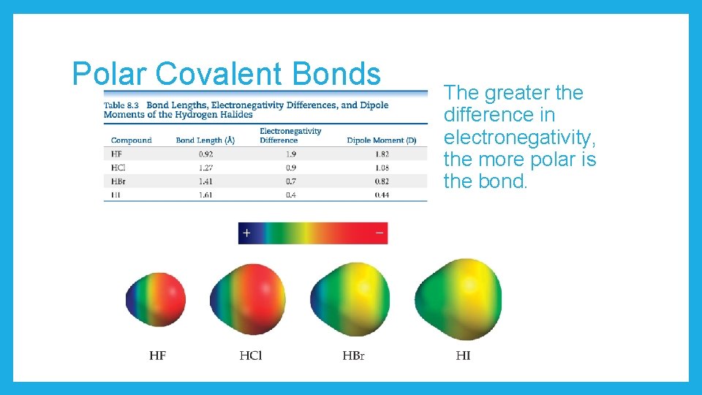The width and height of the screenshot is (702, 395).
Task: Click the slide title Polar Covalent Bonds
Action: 226,74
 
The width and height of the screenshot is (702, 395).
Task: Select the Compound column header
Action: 131,140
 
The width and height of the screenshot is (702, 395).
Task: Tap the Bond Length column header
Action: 205,140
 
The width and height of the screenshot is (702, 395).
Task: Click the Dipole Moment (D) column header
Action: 381,140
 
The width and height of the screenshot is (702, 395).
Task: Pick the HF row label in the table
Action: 117,154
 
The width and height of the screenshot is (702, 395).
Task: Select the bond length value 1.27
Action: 205,168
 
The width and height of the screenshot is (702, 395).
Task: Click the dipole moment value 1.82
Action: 381,154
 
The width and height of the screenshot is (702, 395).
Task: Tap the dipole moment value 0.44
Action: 381,195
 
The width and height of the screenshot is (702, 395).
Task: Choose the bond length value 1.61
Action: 205,195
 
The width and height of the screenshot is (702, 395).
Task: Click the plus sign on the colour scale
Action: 246,233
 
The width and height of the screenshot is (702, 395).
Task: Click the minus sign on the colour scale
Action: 379,233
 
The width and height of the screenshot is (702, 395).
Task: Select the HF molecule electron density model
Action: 156,298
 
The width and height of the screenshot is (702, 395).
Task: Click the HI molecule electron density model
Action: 458,293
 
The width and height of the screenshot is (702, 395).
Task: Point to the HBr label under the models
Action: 353,356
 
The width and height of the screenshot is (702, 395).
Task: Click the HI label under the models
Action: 463,356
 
